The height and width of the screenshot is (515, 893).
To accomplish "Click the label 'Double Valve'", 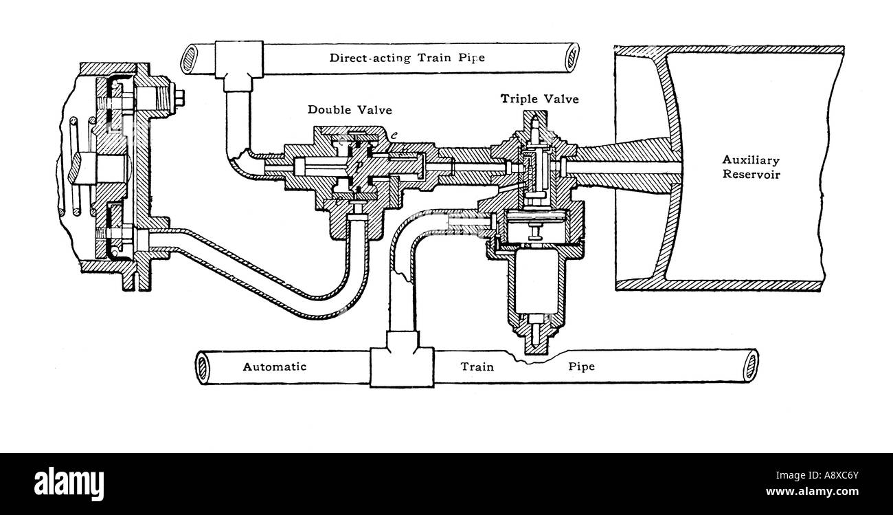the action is pos(350,110).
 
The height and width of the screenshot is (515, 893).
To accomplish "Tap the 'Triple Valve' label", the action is pos(540,98).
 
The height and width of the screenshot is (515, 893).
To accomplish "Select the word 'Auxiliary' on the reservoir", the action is pos(751,160).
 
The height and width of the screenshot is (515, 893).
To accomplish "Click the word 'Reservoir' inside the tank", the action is pos(751,175).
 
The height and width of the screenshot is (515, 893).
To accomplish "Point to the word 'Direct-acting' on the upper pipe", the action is pos(370,58).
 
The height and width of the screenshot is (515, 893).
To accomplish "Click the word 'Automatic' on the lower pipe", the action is pos(275,366).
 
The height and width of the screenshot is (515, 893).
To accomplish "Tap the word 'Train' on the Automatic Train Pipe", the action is pos(477,366).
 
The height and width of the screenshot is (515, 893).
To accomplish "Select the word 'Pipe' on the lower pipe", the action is pos(582,366).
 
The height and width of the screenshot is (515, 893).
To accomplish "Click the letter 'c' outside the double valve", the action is pos(394,135).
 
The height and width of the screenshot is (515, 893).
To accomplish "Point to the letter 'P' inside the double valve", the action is pos(359,164).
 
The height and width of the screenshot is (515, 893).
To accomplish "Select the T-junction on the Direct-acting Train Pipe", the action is pos(239,66).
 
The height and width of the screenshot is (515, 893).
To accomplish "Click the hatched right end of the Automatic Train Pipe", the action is pos(750,366).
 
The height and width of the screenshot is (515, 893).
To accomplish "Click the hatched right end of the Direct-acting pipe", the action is pos(572,58).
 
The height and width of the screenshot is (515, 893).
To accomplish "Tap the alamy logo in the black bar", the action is pos(69,483).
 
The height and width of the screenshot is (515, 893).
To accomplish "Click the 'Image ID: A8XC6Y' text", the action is pos(817,475).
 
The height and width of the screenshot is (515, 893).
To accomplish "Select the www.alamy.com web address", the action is pos(812,492).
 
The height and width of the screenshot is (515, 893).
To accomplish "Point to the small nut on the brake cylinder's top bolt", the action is pos(179,98).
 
